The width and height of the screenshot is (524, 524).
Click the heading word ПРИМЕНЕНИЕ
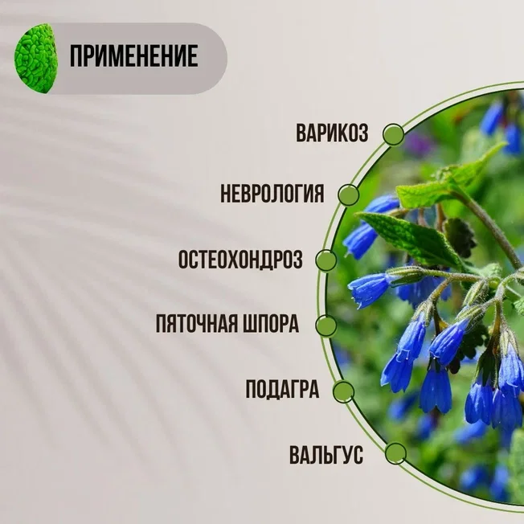point(133,56)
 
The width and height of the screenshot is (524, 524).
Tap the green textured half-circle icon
point(35,58)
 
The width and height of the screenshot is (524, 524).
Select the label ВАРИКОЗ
point(332,133)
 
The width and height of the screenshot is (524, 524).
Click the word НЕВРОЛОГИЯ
point(272,194)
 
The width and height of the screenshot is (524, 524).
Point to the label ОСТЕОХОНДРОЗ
point(240,259)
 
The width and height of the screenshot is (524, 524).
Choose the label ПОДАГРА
point(282,389)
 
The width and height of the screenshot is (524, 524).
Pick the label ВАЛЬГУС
point(326,455)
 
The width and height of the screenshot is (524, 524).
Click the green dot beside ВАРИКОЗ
point(394,134)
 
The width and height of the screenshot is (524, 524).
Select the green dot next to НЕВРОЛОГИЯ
point(348,195)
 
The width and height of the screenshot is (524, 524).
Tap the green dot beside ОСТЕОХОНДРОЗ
point(326,260)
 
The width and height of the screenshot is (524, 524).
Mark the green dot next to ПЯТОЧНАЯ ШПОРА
point(326,325)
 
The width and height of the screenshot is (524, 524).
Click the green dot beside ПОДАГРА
point(343,391)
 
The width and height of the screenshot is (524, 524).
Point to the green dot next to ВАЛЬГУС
point(395,454)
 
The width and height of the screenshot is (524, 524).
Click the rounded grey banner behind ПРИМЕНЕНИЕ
point(133,59)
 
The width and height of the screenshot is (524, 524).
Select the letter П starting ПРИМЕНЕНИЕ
point(76,56)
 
